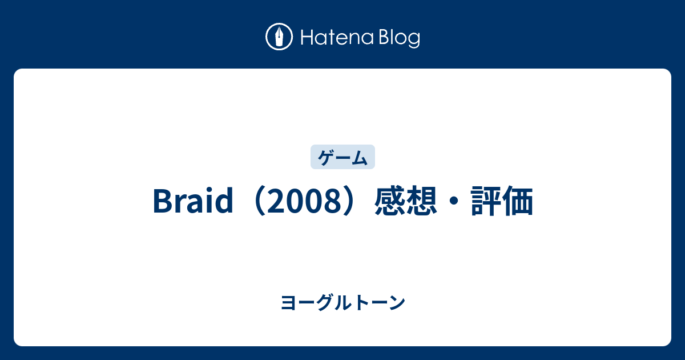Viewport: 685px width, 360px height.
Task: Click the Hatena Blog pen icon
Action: point(279,38)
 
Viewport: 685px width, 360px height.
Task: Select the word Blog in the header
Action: point(398,38)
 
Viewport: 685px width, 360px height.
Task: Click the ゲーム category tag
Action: point(342,157)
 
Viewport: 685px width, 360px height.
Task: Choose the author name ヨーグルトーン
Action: point(342,303)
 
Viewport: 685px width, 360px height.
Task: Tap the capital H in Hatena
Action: point(304,38)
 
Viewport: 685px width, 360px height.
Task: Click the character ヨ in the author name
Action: point(288,303)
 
